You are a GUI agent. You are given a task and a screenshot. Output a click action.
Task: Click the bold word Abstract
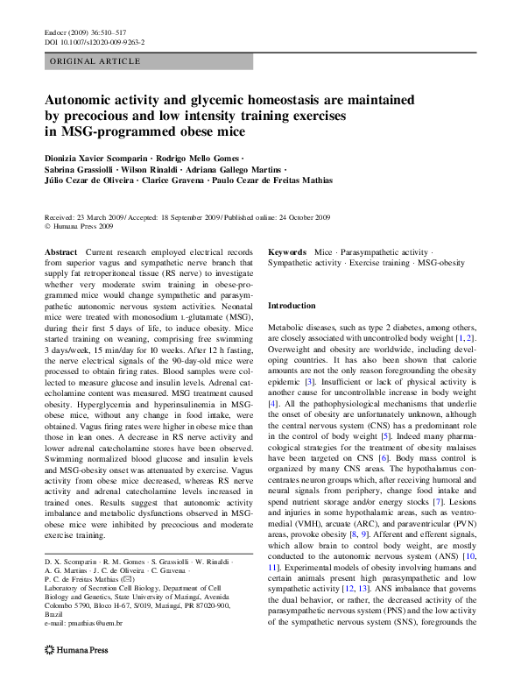pyautogui.click(x=60, y=251)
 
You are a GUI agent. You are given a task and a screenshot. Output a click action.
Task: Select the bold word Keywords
pyautogui.click(x=287, y=251)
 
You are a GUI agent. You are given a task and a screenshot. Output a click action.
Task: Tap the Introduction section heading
pyautogui.click(x=292, y=306)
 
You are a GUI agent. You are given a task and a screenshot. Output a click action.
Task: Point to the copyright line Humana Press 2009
pyautogui.click(x=82, y=226)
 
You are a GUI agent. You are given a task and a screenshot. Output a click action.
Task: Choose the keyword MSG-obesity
pyautogui.click(x=440, y=262)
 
